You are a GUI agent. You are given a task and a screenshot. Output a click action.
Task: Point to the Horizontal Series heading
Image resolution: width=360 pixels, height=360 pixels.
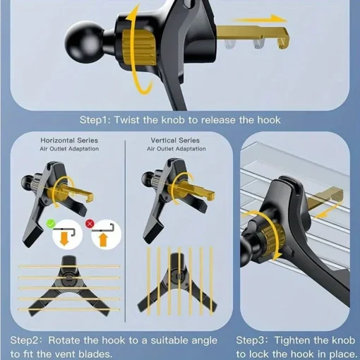(68, 140)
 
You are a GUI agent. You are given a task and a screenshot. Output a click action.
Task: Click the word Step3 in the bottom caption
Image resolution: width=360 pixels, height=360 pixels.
(253, 340)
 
